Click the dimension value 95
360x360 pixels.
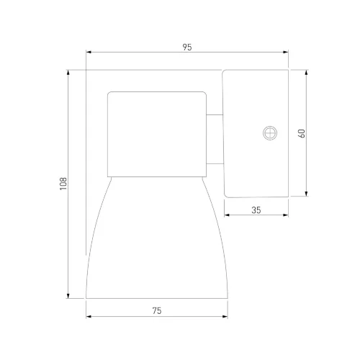coord(187,47)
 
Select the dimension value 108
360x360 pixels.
coord(63,184)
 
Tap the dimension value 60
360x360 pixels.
coord(302,133)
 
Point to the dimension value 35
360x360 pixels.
coord(256,210)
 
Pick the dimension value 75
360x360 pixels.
coord(157,311)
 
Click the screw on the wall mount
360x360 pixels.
coord(270,132)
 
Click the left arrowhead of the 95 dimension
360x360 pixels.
coord(89,52)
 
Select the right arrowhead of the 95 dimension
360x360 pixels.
coord(286,52)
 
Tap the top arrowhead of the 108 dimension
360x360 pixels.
coord(68,73)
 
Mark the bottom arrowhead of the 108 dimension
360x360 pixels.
coord(68,296)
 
